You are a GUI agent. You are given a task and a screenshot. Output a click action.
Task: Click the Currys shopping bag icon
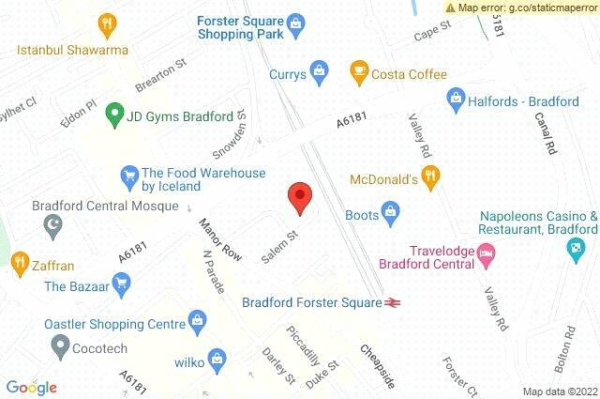click(x=320, y=69)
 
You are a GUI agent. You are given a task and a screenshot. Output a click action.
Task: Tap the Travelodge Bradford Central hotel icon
click(x=487, y=252)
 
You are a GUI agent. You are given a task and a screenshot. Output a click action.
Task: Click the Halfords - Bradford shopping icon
click(x=456, y=96)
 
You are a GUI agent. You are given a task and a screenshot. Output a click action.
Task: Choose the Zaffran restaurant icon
click(x=17, y=260)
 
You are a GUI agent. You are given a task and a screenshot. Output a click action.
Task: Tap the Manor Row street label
click(x=218, y=241)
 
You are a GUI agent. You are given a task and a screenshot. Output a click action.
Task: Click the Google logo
click(x=31, y=387)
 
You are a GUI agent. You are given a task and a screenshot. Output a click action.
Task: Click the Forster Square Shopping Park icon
click(x=295, y=20)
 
